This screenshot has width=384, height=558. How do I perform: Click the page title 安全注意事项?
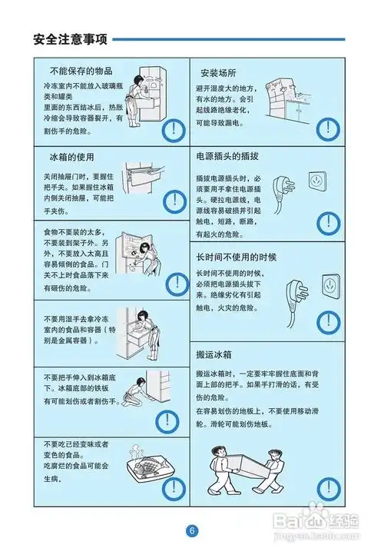pyautogui.click(x=70, y=38)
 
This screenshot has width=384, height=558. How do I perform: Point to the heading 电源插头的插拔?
pyautogui.click(x=230, y=157)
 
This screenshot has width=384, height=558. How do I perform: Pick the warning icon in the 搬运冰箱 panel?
pyautogui.click(x=329, y=490)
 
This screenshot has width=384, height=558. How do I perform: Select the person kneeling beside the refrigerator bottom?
pyautogui.click(x=135, y=393)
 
